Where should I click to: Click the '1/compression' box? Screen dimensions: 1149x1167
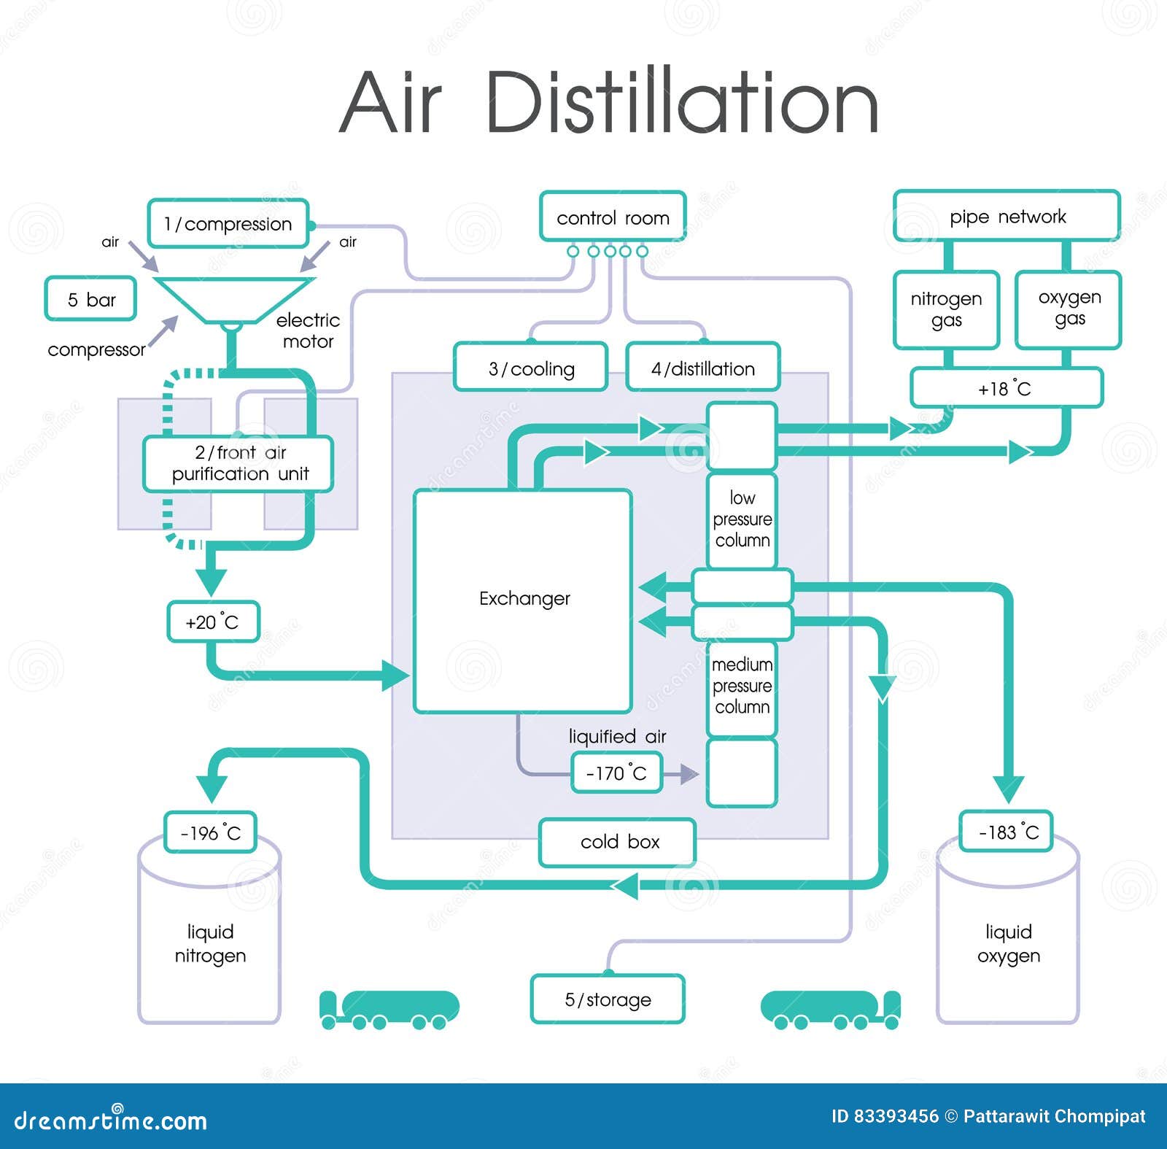point(228,224)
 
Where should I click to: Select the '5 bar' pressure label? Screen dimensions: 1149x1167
point(90,299)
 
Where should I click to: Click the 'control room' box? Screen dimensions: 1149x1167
point(613,217)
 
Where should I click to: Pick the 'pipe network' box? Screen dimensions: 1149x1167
point(1007,217)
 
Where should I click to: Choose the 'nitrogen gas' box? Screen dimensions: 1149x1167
point(946,309)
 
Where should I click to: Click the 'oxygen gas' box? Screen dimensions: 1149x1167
point(1069,309)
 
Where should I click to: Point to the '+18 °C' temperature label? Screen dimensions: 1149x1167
point(1005,389)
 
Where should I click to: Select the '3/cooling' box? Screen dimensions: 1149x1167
point(531,368)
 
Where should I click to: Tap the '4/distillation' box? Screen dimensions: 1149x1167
point(703,368)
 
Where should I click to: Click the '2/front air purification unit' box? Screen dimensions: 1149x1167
point(239,463)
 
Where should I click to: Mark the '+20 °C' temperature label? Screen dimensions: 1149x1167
point(213,622)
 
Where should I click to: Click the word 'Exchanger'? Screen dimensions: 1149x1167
point(524,599)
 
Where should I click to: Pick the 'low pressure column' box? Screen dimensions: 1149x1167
point(742,519)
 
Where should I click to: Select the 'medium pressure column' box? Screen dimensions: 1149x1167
point(742,686)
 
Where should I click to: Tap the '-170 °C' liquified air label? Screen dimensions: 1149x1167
point(616,773)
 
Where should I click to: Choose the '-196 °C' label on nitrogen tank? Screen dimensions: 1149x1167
point(210,832)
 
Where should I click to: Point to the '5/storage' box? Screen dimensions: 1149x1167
point(608,999)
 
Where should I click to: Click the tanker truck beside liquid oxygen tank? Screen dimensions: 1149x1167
point(830,1010)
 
